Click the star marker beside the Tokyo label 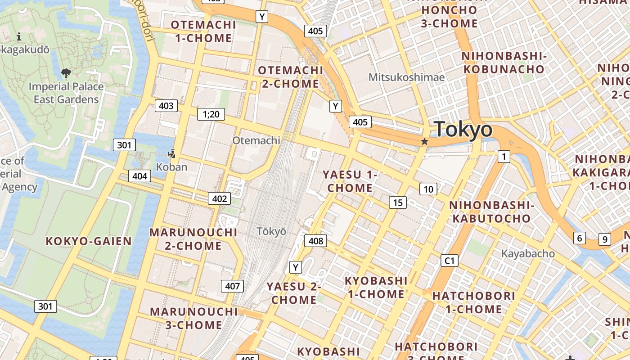424,142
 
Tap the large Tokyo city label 463,130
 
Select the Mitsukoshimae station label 406,77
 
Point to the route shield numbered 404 139,176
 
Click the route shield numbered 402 220,198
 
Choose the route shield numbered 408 316,241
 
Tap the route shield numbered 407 232,286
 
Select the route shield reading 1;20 211,114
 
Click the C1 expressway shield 449,261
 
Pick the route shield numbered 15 398,202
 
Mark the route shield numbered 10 428,189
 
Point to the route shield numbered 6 580,238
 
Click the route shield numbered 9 605,239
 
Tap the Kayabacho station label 528,254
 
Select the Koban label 171,167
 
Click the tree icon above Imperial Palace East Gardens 66,72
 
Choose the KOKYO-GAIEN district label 89,241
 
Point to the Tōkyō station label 271,231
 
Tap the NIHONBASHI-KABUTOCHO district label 491,212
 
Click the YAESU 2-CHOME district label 294,293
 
